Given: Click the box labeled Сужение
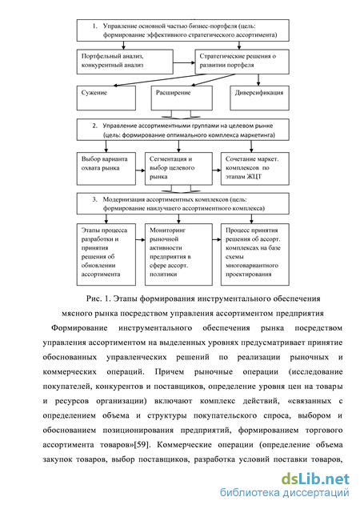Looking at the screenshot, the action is point(106,98).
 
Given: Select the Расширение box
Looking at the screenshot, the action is point(182,98).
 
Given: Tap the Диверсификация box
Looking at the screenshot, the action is point(259,98).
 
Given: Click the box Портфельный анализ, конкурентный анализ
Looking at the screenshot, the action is point(125,62).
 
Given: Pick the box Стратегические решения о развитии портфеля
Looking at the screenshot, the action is point(242,62).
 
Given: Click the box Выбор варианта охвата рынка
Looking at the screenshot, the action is point(106,169).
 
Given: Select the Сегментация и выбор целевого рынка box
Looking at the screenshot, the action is point(178,169).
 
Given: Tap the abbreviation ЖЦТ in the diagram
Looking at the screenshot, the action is point(254,177).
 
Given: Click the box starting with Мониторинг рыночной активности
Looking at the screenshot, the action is point(178,254).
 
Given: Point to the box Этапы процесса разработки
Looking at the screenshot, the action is point(106,254).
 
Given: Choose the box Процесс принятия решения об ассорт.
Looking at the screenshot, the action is point(255,254).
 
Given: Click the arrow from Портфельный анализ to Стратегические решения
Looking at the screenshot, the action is point(184,62).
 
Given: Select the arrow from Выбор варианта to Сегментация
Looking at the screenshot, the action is point(140,170).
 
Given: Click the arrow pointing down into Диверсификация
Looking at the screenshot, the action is point(258,80).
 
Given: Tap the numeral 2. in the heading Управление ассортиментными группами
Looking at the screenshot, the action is point(94,126).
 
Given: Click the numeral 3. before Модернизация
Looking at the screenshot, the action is point(94,199).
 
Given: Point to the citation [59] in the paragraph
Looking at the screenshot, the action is point(142,444).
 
